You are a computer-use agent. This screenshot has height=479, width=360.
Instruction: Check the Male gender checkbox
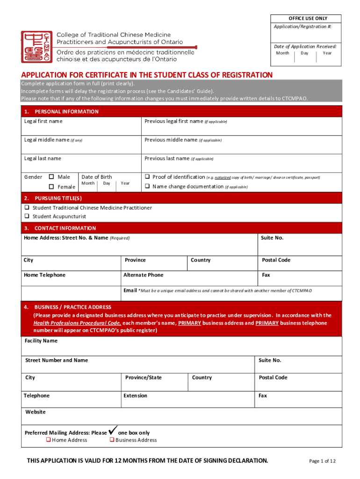coord(51,177)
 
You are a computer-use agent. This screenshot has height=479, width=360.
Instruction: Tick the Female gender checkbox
coord(51,187)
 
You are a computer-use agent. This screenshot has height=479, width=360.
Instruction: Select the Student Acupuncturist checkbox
coord(27,216)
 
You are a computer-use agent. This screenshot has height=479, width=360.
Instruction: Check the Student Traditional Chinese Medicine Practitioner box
coord(27,208)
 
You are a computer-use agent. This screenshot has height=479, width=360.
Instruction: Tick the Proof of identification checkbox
coord(147,177)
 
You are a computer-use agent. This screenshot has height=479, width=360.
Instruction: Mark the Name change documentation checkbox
coord(147,186)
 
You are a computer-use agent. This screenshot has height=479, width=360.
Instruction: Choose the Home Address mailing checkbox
coord(48,440)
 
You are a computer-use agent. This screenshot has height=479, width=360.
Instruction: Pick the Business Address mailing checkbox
coord(112,440)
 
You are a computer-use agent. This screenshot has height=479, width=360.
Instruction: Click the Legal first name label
coord(43,121)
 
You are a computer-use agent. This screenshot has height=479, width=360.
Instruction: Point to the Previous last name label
coord(166,159)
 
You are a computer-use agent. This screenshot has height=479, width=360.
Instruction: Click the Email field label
coord(130,290)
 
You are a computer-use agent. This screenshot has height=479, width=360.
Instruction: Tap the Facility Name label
coord(41,341)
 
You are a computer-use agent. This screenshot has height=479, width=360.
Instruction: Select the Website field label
coord(35,412)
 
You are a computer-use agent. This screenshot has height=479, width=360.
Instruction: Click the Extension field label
coord(135,396)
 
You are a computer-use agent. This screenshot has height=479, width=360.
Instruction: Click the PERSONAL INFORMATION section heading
coord(66,111)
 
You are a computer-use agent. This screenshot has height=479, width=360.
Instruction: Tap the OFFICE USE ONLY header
coord(308,18)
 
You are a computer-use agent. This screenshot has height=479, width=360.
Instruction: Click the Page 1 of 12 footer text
coord(322,461)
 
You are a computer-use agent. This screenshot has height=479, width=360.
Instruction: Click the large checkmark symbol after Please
coord(112,431)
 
